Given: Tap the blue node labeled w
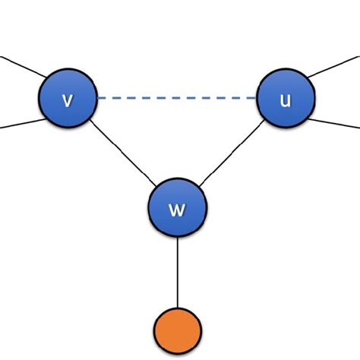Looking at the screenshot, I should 177,207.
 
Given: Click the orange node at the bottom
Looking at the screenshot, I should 177,330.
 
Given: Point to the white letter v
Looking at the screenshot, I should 68,99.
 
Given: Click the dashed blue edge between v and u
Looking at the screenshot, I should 176,98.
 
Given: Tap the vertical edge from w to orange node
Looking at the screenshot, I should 177,270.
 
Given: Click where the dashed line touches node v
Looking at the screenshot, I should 97,98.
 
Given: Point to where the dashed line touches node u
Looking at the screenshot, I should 256,98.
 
